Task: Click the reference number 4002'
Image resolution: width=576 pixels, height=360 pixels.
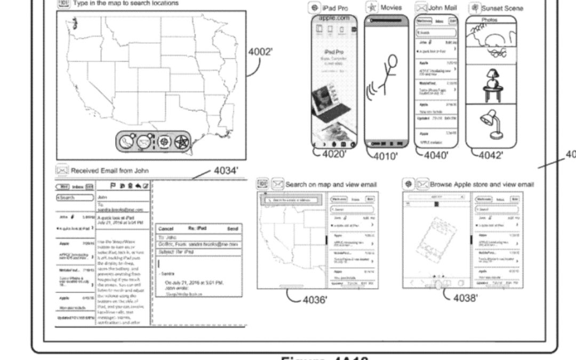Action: click(260, 52)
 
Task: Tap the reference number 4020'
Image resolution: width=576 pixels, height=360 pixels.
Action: click(333, 155)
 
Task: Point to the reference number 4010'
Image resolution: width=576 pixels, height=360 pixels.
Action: click(385, 156)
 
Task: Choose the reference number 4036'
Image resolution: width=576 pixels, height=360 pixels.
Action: click(315, 299)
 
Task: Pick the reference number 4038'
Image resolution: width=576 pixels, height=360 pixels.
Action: click(465, 298)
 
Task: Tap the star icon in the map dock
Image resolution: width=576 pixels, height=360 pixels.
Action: click(182, 142)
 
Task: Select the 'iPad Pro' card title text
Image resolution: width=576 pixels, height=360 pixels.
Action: click(335, 8)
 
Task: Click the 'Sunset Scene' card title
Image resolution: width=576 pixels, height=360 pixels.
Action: click(502, 8)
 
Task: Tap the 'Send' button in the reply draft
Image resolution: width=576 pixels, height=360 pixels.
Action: click(233, 228)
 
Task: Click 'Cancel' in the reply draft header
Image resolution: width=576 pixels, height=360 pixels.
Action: click(165, 228)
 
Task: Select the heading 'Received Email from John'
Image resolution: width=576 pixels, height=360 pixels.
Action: click(110, 171)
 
